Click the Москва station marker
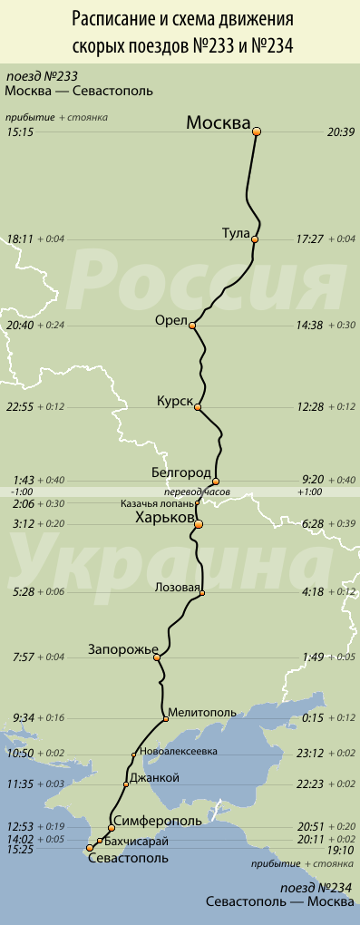[257, 131]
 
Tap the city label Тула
[235, 233]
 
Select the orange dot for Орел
[192, 325]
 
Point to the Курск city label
[174, 400]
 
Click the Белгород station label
[181, 473]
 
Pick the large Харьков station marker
[199, 524]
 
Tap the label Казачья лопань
[156, 503]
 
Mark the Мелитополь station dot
[166, 719]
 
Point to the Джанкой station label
[156, 778]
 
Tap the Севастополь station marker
[89, 849]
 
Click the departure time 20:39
[340, 131]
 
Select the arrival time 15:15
[19, 131]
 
